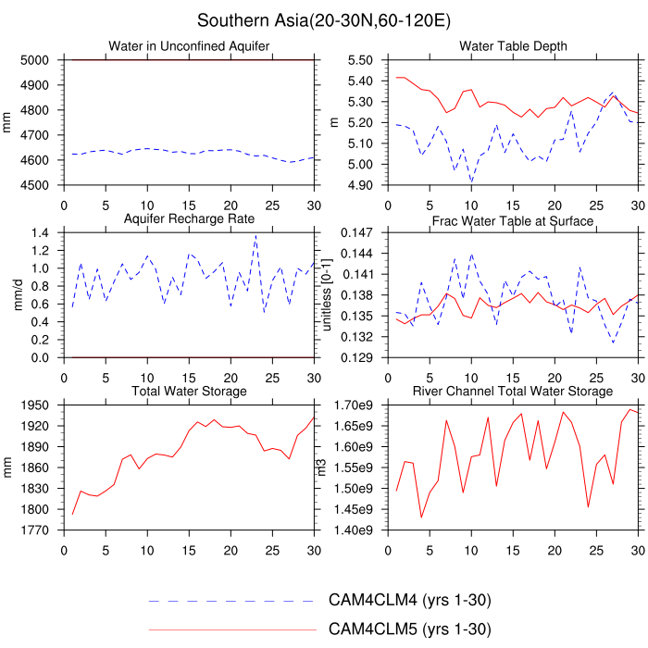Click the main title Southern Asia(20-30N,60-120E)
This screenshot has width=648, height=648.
(x=324, y=19)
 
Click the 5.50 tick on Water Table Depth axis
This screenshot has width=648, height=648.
(x=362, y=60)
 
